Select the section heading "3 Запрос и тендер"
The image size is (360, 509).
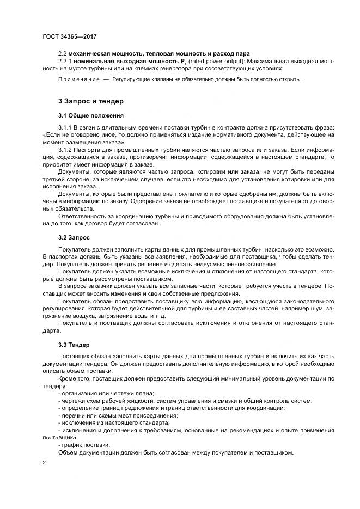click(x=90, y=101)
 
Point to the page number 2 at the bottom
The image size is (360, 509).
click(x=44, y=462)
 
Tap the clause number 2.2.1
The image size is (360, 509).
click(x=66, y=62)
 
